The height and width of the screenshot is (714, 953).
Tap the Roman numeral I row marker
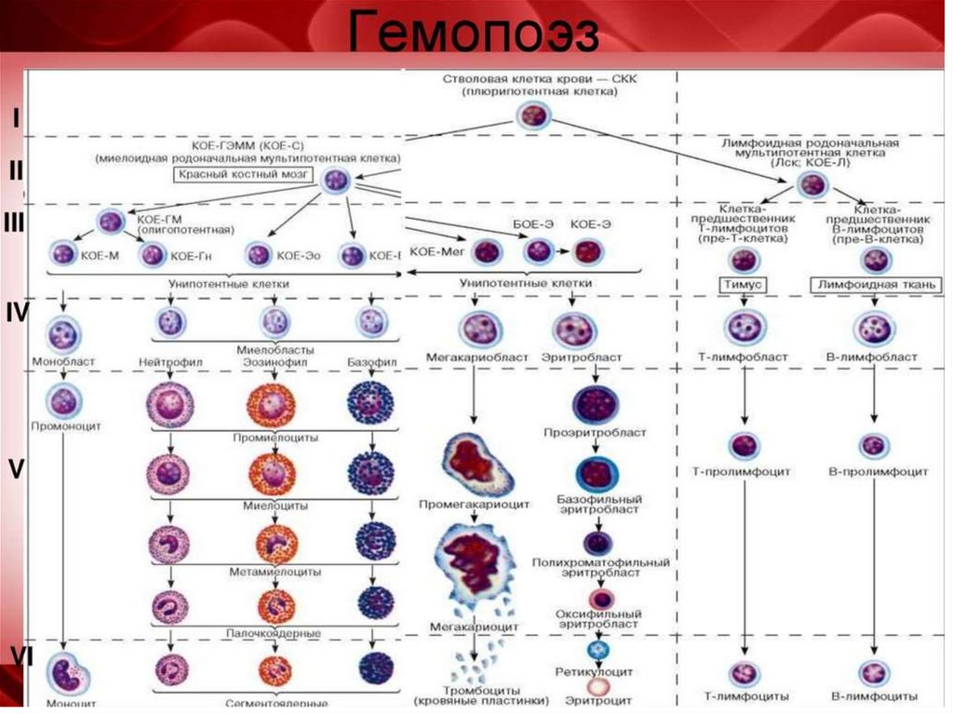pos(16,118)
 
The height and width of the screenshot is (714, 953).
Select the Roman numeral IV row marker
pos(18,313)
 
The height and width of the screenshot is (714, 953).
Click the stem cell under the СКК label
pos(533,116)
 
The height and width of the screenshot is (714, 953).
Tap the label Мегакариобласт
pos(476,357)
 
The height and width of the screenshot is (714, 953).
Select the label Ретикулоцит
pos(595,670)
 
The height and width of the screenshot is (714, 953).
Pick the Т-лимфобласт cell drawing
pos(744,327)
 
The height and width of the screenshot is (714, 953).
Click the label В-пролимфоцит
pos(878,472)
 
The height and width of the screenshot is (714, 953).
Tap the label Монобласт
pos(63,359)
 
